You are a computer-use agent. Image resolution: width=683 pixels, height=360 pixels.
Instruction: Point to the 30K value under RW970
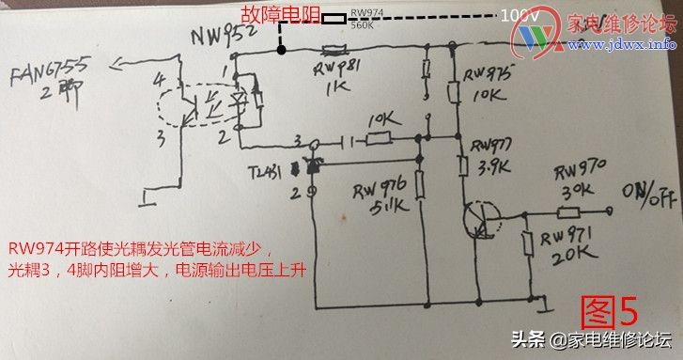pos(574,188)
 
